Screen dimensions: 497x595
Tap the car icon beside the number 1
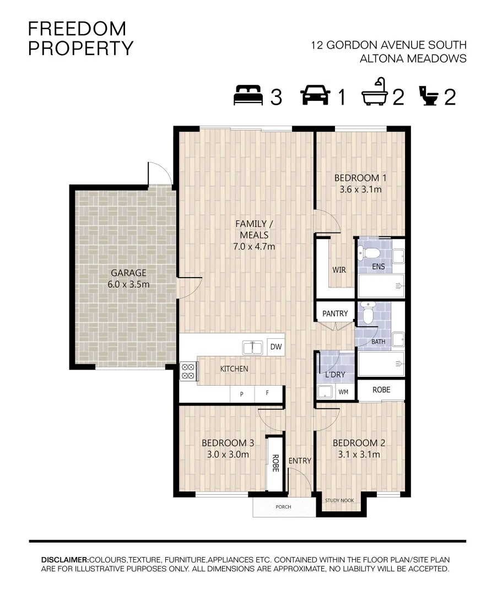point(315,95)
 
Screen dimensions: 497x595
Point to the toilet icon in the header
point(429,96)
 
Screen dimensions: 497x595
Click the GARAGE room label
point(128,273)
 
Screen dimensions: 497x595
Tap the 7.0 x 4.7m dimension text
point(254,246)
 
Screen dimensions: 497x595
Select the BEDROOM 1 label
point(360,178)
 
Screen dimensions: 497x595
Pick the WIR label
point(339,270)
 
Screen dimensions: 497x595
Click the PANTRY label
point(335,313)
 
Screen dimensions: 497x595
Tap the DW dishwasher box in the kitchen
point(276,347)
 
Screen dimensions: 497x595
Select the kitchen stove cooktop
point(188,371)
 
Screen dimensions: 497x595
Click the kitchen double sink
point(252,348)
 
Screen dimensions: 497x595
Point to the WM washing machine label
point(343,392)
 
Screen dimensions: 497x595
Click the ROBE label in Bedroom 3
point(275,463)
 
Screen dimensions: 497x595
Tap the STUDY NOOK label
point(339,500)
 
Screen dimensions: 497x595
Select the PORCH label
point(283,507)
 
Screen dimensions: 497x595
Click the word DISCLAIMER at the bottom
point(65,560)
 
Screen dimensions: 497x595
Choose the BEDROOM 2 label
point(359,443)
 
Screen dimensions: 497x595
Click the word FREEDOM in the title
point(77,29)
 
